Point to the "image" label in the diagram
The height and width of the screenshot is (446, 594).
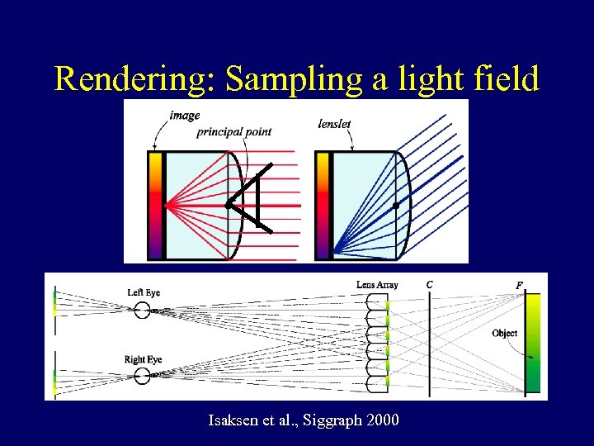184,116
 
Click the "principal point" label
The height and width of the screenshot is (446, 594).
233,131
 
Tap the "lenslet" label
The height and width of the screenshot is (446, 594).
334,124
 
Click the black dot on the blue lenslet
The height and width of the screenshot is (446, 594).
396,205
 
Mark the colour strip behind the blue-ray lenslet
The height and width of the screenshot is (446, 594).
322,204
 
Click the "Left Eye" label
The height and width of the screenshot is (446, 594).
144,292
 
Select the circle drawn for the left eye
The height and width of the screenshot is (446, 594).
142,311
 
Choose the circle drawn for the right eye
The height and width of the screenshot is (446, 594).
142,377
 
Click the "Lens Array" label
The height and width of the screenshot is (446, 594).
377,286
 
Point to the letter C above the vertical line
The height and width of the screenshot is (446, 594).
430,285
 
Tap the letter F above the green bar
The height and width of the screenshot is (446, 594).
519,285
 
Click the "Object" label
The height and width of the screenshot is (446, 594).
504,334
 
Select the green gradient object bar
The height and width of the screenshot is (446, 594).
533,343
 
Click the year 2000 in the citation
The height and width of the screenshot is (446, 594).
380,421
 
